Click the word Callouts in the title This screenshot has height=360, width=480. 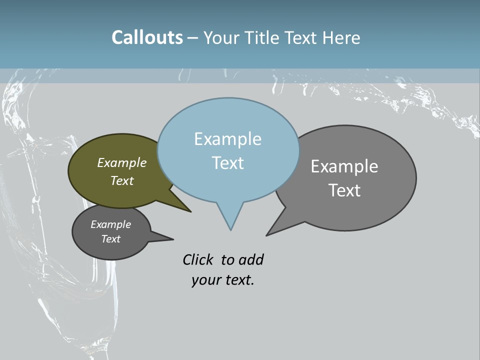coord(147,38)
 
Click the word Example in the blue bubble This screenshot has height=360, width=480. coord(227,139)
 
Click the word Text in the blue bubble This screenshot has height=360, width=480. coord(227,163)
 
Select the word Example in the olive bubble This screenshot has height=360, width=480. coord(122,162)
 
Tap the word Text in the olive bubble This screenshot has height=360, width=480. coord(122,180)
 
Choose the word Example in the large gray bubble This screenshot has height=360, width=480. coord(344,166)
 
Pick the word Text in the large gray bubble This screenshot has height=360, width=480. coord(344,190)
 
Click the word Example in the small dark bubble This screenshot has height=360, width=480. coord(110,224)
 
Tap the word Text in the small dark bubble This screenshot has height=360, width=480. coord(110,239)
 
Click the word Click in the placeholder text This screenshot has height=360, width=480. coord(197,260)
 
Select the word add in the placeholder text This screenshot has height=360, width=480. coord(251,260)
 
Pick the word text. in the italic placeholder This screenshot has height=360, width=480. coord(238,280)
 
